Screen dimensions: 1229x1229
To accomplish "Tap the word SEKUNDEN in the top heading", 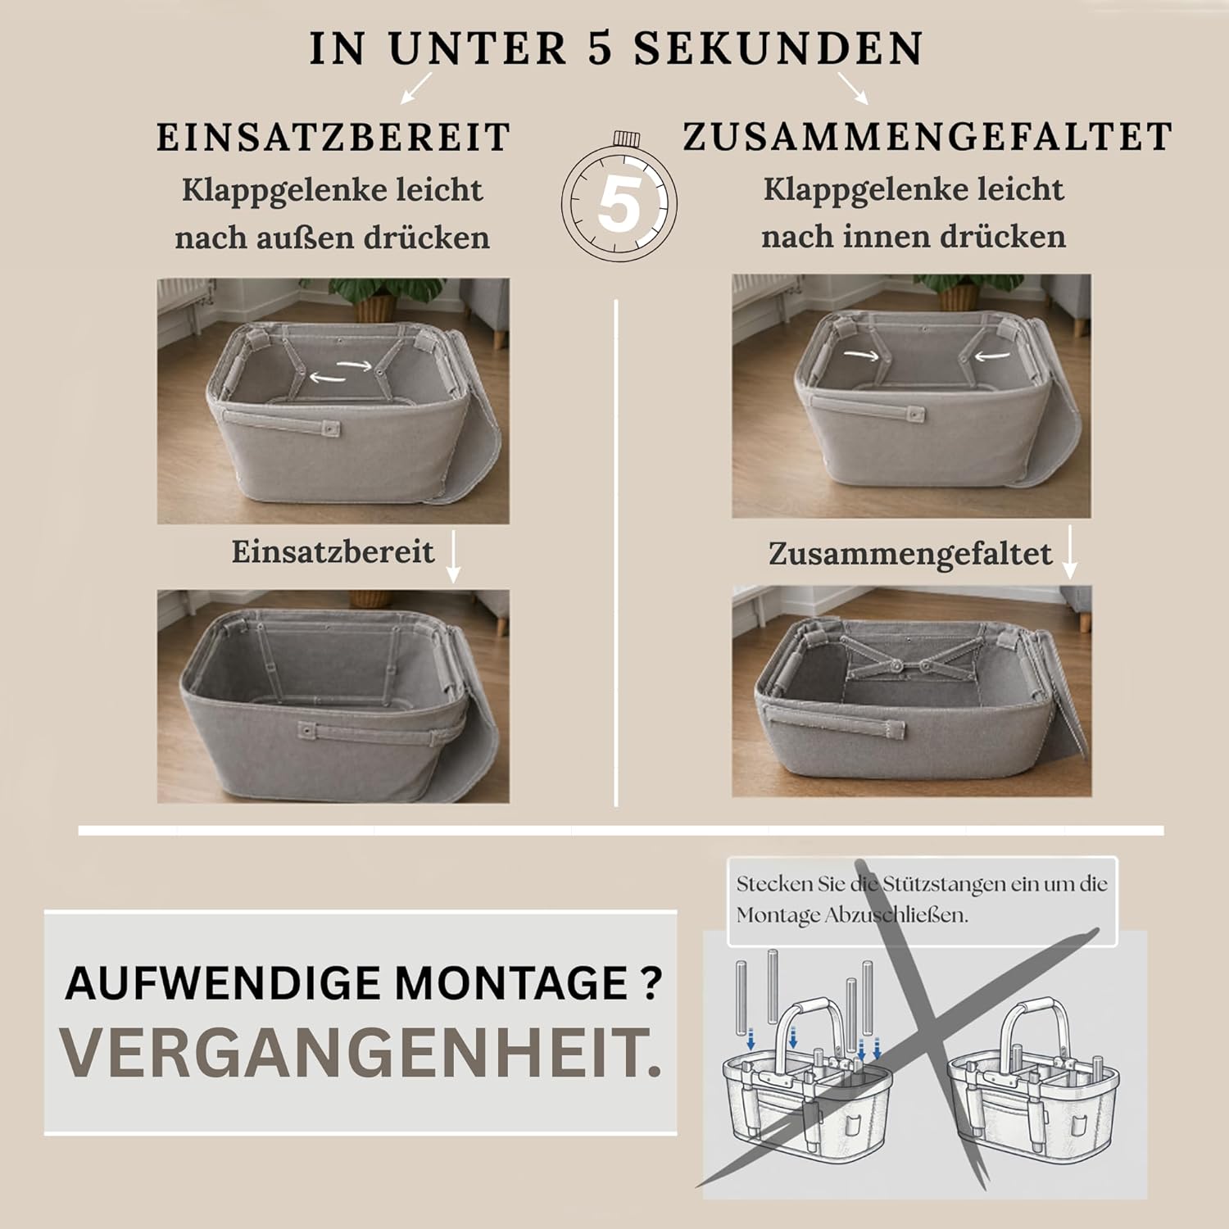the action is pos(778,48).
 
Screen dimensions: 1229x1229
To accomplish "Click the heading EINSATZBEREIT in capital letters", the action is pos(333,137).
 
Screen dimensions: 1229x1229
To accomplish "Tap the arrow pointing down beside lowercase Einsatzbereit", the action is pos(452,556).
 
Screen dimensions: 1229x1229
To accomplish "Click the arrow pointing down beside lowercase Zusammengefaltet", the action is pos(1069,553).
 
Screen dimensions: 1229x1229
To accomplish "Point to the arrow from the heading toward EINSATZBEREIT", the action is pos(416,88).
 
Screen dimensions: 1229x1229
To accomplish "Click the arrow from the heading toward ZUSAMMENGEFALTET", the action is pos(852,88).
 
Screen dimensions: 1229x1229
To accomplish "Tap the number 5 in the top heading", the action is pos(600,48).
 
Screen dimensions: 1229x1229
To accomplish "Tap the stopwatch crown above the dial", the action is pos(627,137).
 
